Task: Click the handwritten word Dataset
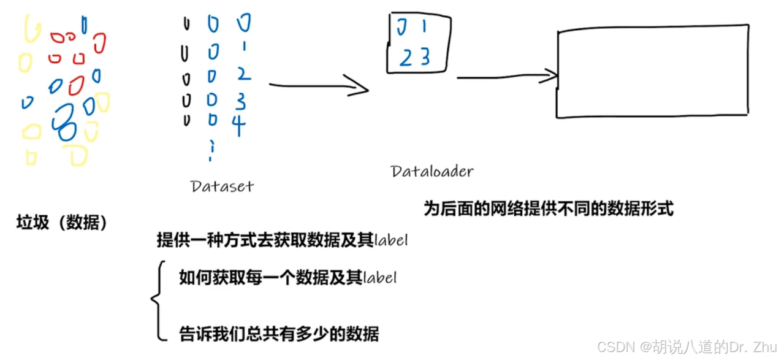pyautogui.click(x=222, y=186)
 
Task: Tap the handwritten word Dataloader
pyautogui.click(x=432, y=171)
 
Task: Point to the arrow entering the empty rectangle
pyautogui.click(x=507, y=77)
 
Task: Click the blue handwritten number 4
pyautogui.click(x=238, y=124)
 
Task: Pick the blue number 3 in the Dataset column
pyautogui.click(x=240, y=100)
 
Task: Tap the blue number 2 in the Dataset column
pyautogui.click(x=243, y=74)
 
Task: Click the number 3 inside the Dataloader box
pyautogui.click(x=425, y=57)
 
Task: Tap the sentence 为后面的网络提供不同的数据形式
pyautogui.click(x=549, y=209)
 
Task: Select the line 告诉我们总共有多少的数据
pyautogui.click(x=279, y=334)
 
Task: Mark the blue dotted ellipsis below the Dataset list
pyautogui.click(x=211, y=150)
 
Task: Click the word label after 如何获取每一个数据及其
pyautogui.click(x=380, y=278)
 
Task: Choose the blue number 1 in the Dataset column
pyautogui.click(x=243, y=45)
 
